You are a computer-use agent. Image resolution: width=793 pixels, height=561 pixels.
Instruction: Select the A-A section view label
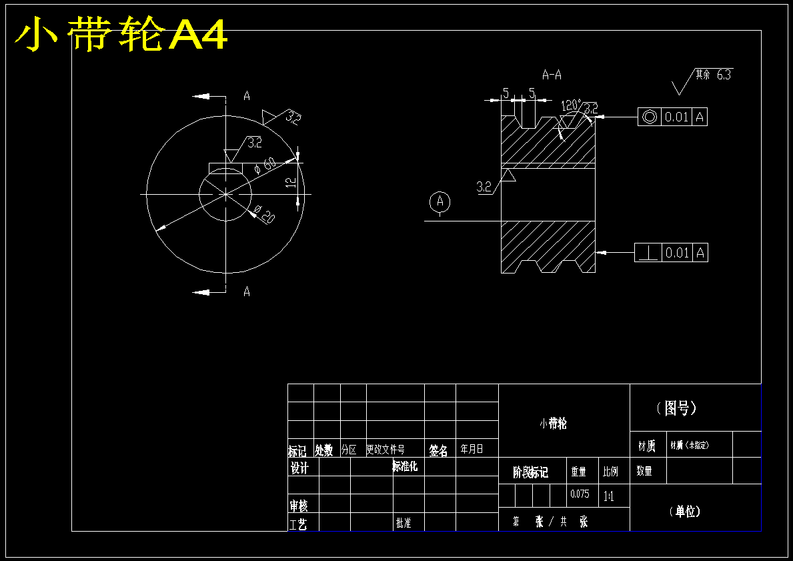coord(552,75)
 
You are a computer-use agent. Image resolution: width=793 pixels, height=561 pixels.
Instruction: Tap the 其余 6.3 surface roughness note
coord(712,75)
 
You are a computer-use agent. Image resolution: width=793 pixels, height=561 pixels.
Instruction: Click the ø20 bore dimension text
coord(265,216)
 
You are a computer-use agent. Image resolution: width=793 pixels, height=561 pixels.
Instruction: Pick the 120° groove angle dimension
coord(570,105)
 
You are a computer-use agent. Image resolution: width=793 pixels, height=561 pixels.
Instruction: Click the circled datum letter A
coord(440,201)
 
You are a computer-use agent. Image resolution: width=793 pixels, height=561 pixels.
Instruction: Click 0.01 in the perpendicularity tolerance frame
coord(677,253)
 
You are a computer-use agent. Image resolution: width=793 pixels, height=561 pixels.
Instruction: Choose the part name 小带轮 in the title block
coord(553,424)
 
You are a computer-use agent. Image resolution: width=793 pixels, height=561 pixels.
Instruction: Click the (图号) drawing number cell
coord(676,408)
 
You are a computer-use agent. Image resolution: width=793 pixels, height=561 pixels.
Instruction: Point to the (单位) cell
coord(684,512)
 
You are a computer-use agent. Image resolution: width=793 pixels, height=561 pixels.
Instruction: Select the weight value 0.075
coord(580,495)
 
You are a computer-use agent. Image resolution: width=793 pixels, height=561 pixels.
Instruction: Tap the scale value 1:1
coord(608,496)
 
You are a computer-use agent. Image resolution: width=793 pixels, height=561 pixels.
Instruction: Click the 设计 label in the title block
coord(299,468)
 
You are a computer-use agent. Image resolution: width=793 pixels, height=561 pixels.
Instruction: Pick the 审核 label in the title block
coord(298,506)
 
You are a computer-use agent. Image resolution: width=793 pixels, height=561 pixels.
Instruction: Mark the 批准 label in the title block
coord(403,523)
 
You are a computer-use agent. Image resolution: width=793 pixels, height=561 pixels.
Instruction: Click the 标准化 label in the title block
coord(404,466)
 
